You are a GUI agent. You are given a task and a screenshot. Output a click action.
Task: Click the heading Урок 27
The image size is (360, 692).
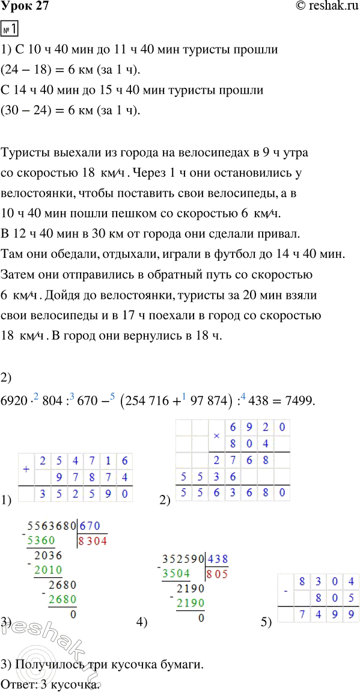25,7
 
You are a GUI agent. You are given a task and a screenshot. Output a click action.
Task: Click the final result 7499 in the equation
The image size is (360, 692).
298,399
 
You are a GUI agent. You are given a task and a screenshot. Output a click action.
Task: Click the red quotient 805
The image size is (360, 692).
217,574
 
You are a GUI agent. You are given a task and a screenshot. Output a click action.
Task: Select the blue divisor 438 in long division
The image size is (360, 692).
218,557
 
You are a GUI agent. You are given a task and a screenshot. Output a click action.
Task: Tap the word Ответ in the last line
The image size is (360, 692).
19,684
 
